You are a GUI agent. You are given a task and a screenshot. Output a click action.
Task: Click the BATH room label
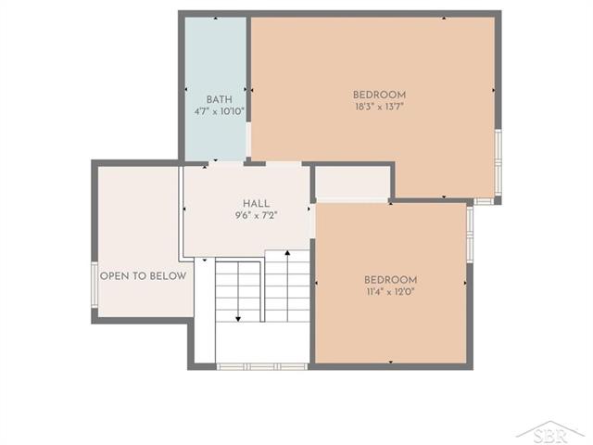[219, 100]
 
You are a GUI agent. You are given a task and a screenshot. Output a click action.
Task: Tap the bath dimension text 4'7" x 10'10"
[220, 112]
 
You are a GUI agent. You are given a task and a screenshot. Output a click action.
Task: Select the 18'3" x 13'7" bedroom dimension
[379, 107]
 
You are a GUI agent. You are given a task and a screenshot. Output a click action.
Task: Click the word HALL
[257, 204]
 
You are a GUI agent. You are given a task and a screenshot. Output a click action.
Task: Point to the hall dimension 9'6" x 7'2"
[257, 216]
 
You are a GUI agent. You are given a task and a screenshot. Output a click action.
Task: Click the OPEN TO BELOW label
[143, 276]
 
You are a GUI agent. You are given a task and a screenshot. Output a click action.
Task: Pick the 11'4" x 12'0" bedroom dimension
[390, 292]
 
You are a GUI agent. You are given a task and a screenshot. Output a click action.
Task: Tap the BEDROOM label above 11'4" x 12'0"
[391, 280]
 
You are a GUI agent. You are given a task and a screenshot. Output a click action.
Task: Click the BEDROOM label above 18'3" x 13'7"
[379, 95]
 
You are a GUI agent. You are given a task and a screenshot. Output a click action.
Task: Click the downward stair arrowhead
[238, 319]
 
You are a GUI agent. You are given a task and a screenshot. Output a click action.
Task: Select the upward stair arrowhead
[287, 252]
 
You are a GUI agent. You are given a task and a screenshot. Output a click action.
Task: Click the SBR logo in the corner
[550, 433]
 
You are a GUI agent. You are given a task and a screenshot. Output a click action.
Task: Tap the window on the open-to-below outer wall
[95, 285]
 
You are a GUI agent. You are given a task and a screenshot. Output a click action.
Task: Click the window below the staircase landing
[261, 366]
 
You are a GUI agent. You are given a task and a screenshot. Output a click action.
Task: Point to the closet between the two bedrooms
[352, 182]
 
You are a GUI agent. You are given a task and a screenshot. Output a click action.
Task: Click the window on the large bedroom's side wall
[498, 163]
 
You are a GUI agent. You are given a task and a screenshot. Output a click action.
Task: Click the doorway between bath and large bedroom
[248, 139]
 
